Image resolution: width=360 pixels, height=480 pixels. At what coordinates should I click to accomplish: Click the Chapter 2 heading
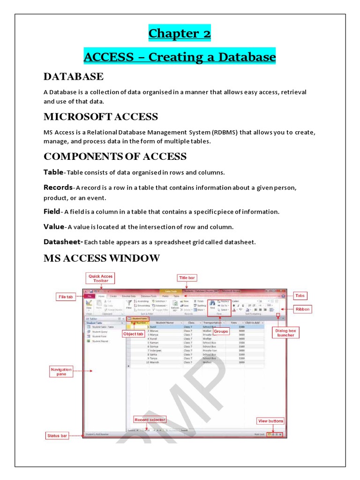click(180, 34)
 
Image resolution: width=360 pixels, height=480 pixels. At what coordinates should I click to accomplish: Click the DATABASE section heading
click(74, 76)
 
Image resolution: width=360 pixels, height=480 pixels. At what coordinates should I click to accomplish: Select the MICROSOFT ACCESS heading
click(101, 116)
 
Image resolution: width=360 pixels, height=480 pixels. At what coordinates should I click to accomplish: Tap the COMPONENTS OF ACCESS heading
click(115, 156)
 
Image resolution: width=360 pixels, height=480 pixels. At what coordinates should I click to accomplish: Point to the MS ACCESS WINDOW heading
click(102, 258)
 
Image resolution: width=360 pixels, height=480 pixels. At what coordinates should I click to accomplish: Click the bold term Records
click(58, 187)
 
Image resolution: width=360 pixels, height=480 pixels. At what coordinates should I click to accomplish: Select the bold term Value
click(53, 226)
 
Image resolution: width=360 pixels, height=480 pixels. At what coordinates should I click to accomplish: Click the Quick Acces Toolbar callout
click(101, 279)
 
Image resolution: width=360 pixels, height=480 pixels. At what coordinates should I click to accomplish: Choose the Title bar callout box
click(187, 278)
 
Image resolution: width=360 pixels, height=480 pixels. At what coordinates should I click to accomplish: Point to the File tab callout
click(65, 297)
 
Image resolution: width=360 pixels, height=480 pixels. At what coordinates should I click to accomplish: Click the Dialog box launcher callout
click(285, 333)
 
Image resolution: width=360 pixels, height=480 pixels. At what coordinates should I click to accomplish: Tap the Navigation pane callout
click(61, 372)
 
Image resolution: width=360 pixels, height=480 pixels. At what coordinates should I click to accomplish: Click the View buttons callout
click(270, 421)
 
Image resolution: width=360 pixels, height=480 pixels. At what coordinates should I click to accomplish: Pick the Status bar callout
click(57, 436)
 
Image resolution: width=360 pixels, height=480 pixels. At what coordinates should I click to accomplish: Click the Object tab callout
click(133, 334)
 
